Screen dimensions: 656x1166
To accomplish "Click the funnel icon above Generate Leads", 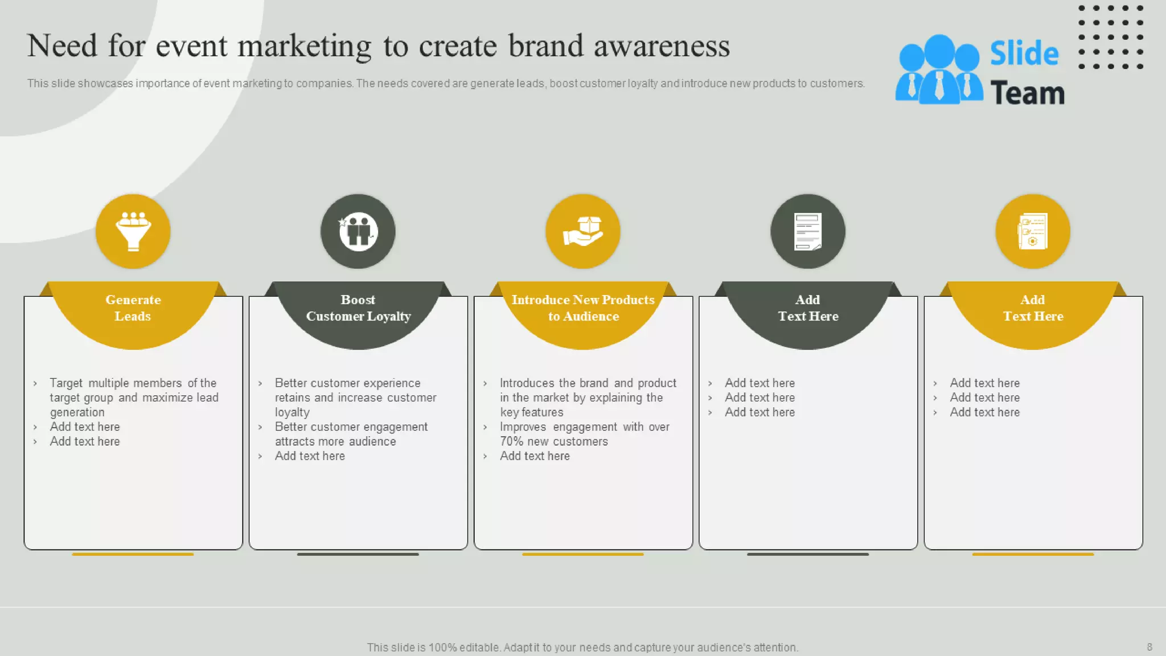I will point(133,231).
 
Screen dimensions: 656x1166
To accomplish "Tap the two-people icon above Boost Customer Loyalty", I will point(358,231).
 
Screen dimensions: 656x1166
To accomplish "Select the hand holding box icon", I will point(582,231).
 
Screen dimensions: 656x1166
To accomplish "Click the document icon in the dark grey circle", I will point(807,231).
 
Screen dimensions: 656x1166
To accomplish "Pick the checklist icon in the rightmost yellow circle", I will point(1032,231).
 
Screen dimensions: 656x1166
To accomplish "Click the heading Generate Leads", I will point(133,307).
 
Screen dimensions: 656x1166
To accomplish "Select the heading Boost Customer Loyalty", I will point(358,307).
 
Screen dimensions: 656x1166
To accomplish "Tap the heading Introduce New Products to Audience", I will point(583,307).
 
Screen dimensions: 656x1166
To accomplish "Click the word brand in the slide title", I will point(545,46).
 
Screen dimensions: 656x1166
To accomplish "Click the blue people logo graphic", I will point(938,69).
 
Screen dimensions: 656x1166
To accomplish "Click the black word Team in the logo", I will point(1027,93).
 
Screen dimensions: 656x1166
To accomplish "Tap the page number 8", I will point(1149,647).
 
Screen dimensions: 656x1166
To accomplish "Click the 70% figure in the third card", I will point(511,441).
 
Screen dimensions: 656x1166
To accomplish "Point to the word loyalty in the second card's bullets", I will point(292,412).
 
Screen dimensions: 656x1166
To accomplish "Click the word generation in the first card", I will point(77,412).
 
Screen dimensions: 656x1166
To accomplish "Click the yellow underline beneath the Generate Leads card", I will point(133,554).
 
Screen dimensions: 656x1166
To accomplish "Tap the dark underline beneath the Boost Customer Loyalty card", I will point(358,554).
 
